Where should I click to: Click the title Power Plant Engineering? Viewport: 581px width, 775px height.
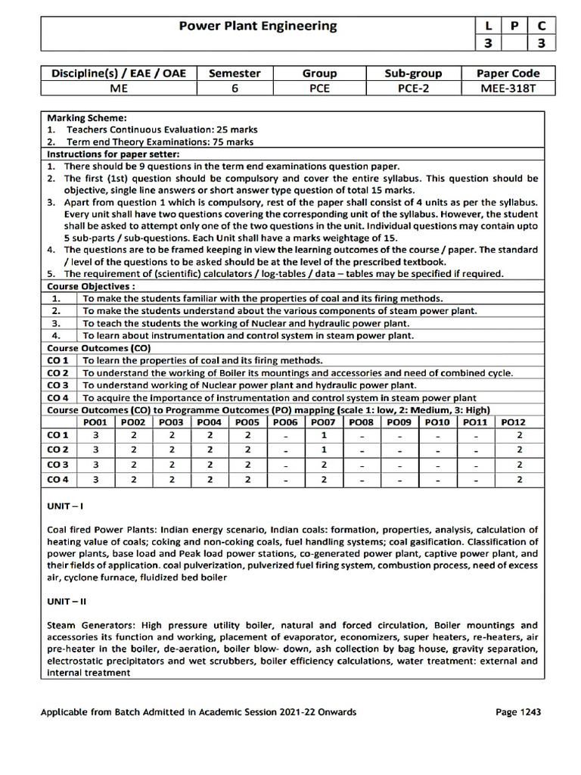click(257, 26)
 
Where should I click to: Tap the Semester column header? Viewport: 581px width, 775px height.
click(235, 73)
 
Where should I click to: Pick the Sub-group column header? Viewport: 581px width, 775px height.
click(414, 73)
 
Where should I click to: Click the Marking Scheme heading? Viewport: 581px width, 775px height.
click(88, 118)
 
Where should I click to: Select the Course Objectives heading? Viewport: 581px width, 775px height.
click(92, 288)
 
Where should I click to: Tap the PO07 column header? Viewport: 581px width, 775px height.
click(323, 422)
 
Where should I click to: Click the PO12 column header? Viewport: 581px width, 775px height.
click(512, 422)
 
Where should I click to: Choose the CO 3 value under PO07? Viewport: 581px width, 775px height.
click(323, 465)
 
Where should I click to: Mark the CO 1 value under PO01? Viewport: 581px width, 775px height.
click(96, 436)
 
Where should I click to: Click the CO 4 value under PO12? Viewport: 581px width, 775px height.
click(519, 479)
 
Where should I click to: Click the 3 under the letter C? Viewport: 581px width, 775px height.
click(541, 43)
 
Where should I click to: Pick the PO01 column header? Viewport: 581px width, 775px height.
click(96, 422)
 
